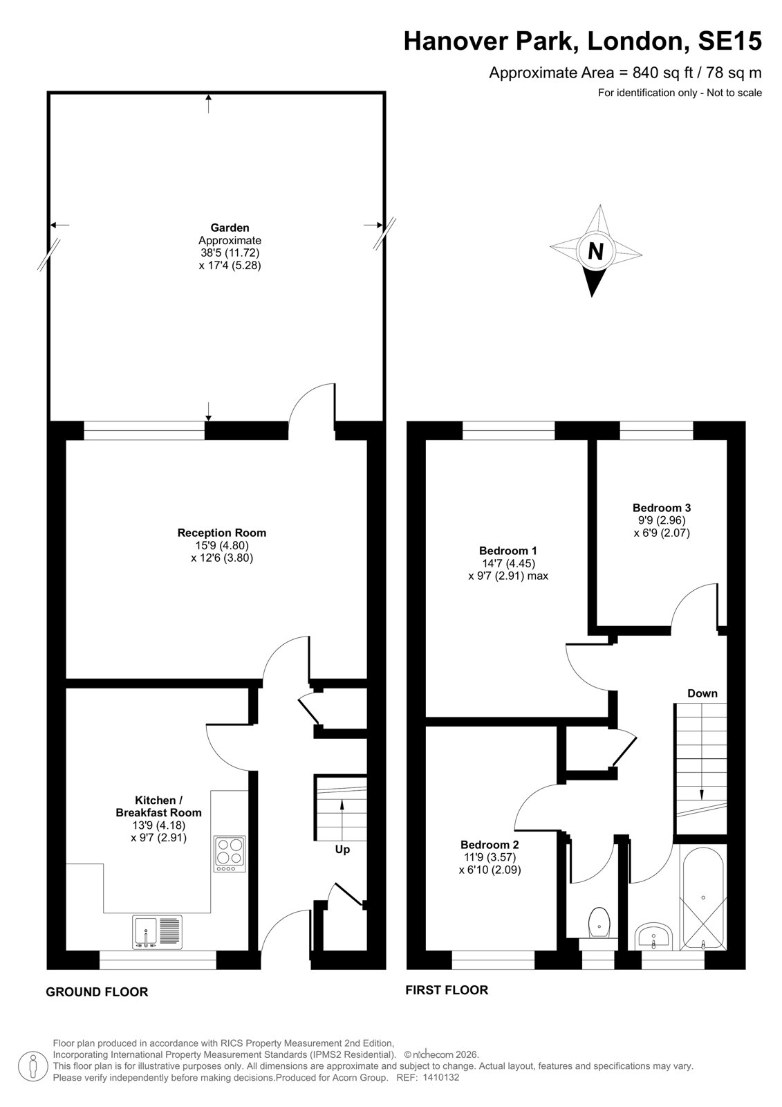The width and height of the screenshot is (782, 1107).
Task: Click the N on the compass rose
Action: click(x=596, y=252)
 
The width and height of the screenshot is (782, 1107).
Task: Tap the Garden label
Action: click(x=230, y=228)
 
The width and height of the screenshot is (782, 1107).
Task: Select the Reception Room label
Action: click(x=222, y=533)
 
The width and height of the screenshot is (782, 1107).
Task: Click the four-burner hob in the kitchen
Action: click(x=230, y=854)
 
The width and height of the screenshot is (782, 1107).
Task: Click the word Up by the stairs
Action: click(x=342, y=849)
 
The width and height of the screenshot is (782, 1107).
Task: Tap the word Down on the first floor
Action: click(x=702, y=693)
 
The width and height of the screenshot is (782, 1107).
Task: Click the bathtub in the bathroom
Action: click(x=702, y=897)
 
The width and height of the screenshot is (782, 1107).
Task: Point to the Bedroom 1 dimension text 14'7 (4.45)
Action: click(x=508, y=563)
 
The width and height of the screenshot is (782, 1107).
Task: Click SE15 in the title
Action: click(x=729, y=41)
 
